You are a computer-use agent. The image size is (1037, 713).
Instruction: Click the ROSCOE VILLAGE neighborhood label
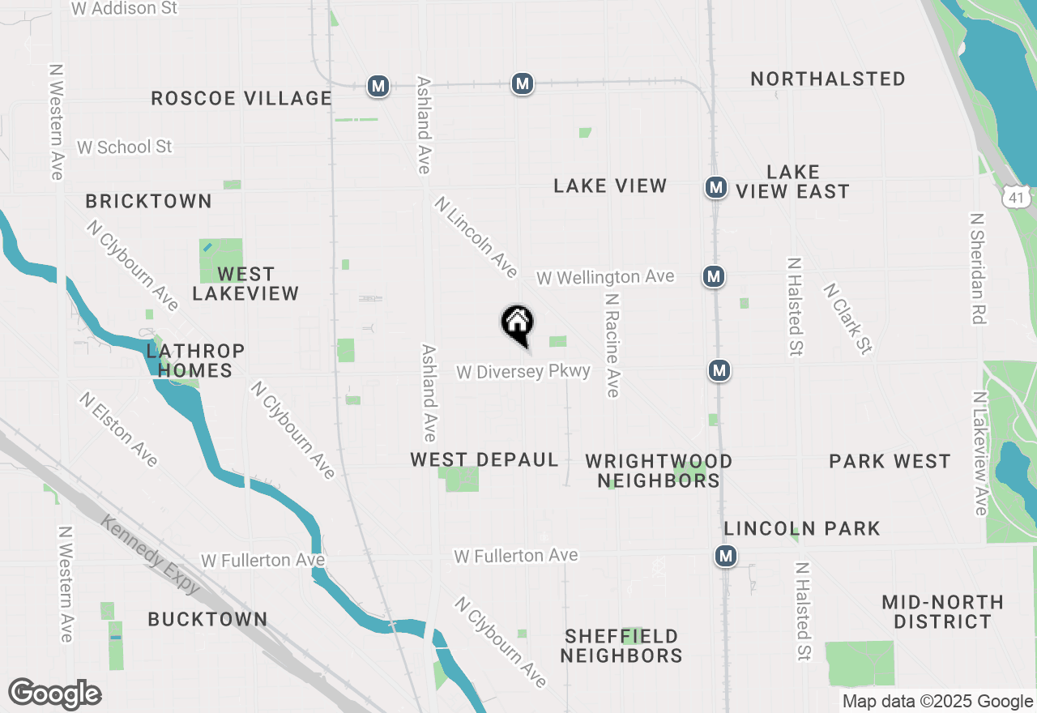pos(241,99)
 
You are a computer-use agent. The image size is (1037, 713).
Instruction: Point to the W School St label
pos(125,147)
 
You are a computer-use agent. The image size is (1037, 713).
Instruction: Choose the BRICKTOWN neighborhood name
pos(149,201)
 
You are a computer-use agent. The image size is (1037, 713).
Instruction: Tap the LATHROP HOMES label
pos(195,361)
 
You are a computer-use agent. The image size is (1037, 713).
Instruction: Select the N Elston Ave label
pos(119,429)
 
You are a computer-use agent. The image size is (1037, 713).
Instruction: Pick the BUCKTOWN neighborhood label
pos(207,619)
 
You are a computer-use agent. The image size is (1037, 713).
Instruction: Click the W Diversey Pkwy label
pos(523,372)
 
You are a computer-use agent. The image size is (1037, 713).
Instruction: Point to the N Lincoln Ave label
pos(476,237)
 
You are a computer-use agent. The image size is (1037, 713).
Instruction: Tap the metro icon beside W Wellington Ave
pos(713,277)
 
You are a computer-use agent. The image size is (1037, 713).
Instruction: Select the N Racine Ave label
pos(613,345)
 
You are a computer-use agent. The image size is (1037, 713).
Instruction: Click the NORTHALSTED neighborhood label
pos(828,79)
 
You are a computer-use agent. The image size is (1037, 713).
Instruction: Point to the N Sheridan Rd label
pos(978,269)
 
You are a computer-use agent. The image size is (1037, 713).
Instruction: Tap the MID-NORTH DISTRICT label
pos(942,612)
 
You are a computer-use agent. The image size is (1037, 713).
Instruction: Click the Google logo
pos(54,694)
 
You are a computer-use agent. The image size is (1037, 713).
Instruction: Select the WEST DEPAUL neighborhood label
pos(484,460)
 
